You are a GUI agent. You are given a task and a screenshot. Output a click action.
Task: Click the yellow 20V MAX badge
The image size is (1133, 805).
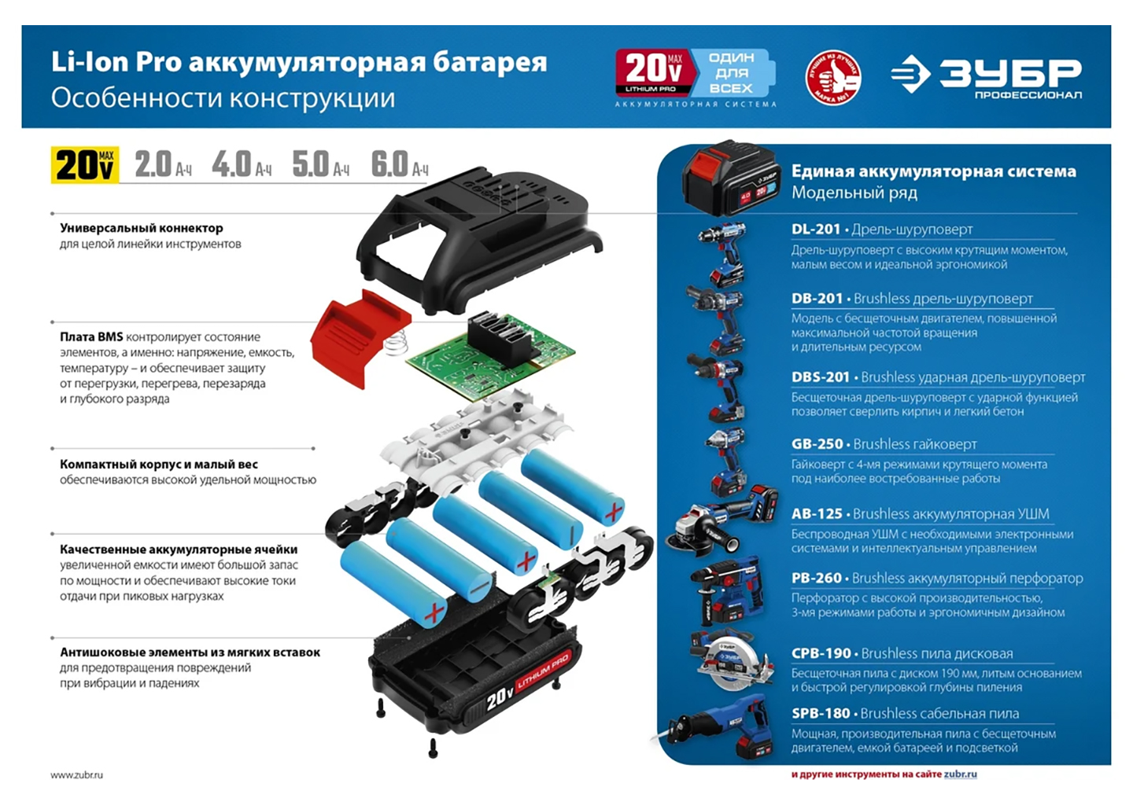[85, 165]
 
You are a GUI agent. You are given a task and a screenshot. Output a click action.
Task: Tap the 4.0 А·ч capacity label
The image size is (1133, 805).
[242, 165]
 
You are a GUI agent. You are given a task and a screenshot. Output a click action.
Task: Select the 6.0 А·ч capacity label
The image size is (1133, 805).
[400, 165]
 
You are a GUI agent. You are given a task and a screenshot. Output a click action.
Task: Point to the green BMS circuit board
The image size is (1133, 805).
[489, 358]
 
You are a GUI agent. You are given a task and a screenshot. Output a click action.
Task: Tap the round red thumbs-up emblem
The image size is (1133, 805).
[833, 77]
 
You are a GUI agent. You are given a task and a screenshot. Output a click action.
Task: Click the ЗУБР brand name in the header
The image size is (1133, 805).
[1010, 73]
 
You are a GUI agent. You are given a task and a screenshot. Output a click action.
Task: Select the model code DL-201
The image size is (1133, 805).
[815, 230]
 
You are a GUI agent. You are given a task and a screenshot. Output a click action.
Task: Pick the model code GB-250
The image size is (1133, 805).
[817, 444]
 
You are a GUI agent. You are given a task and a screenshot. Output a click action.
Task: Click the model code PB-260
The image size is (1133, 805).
[817, 578]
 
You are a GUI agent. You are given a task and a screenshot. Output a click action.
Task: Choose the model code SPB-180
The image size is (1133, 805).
[821, 714]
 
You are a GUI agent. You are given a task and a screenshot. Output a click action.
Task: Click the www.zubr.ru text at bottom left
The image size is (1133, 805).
[76, 775]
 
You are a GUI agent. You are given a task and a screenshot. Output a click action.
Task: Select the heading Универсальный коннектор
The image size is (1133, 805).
[141, 229]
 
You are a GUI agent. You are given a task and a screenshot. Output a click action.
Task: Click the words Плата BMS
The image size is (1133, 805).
[91, 336]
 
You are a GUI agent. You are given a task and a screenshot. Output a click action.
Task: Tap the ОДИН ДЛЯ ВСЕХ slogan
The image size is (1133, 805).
[732, 73]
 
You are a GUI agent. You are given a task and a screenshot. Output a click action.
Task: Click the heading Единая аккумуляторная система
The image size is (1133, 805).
[934, 171]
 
